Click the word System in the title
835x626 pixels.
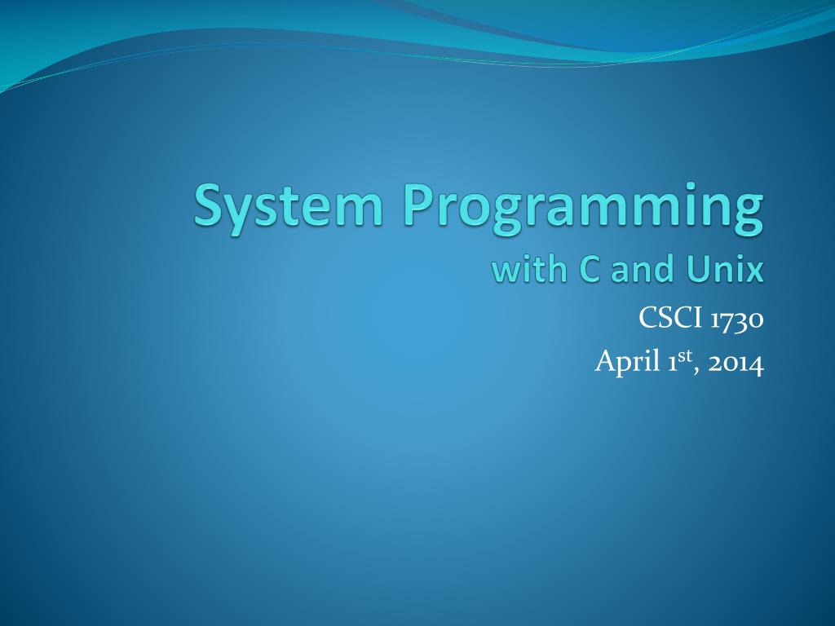(288, 208)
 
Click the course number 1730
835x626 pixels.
(738, 320)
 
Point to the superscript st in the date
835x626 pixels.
(685, 355)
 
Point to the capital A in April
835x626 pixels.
(606, 361)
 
